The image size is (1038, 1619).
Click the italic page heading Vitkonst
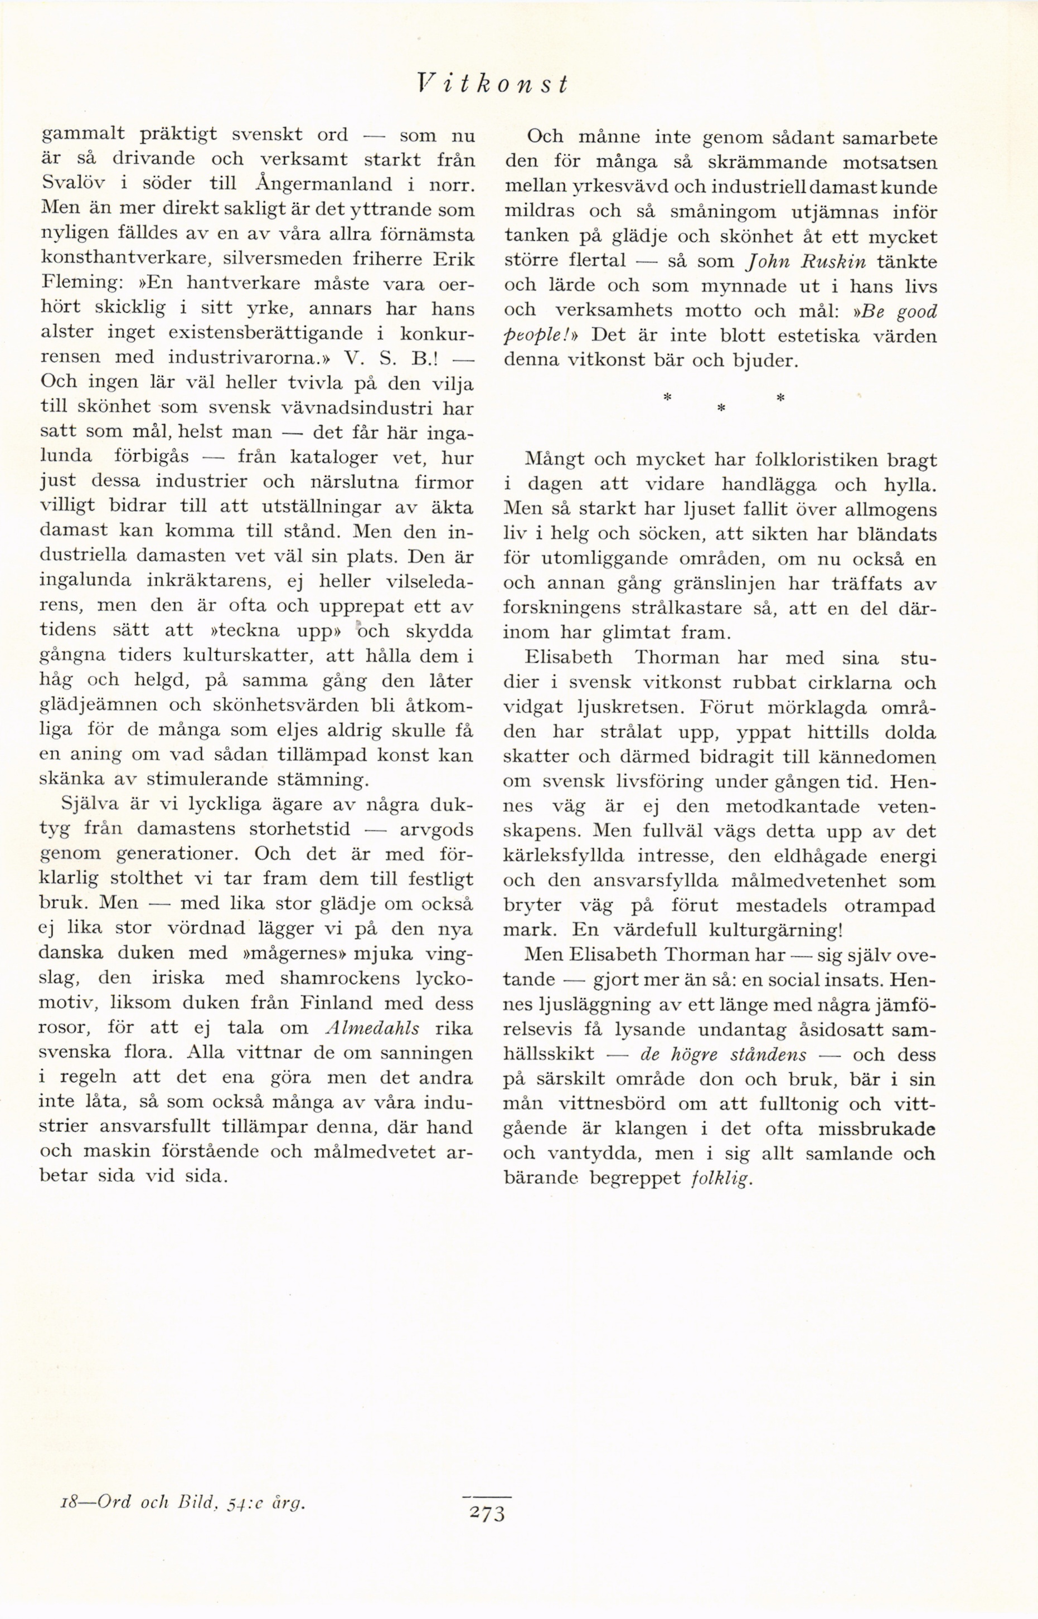coord(492,84)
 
